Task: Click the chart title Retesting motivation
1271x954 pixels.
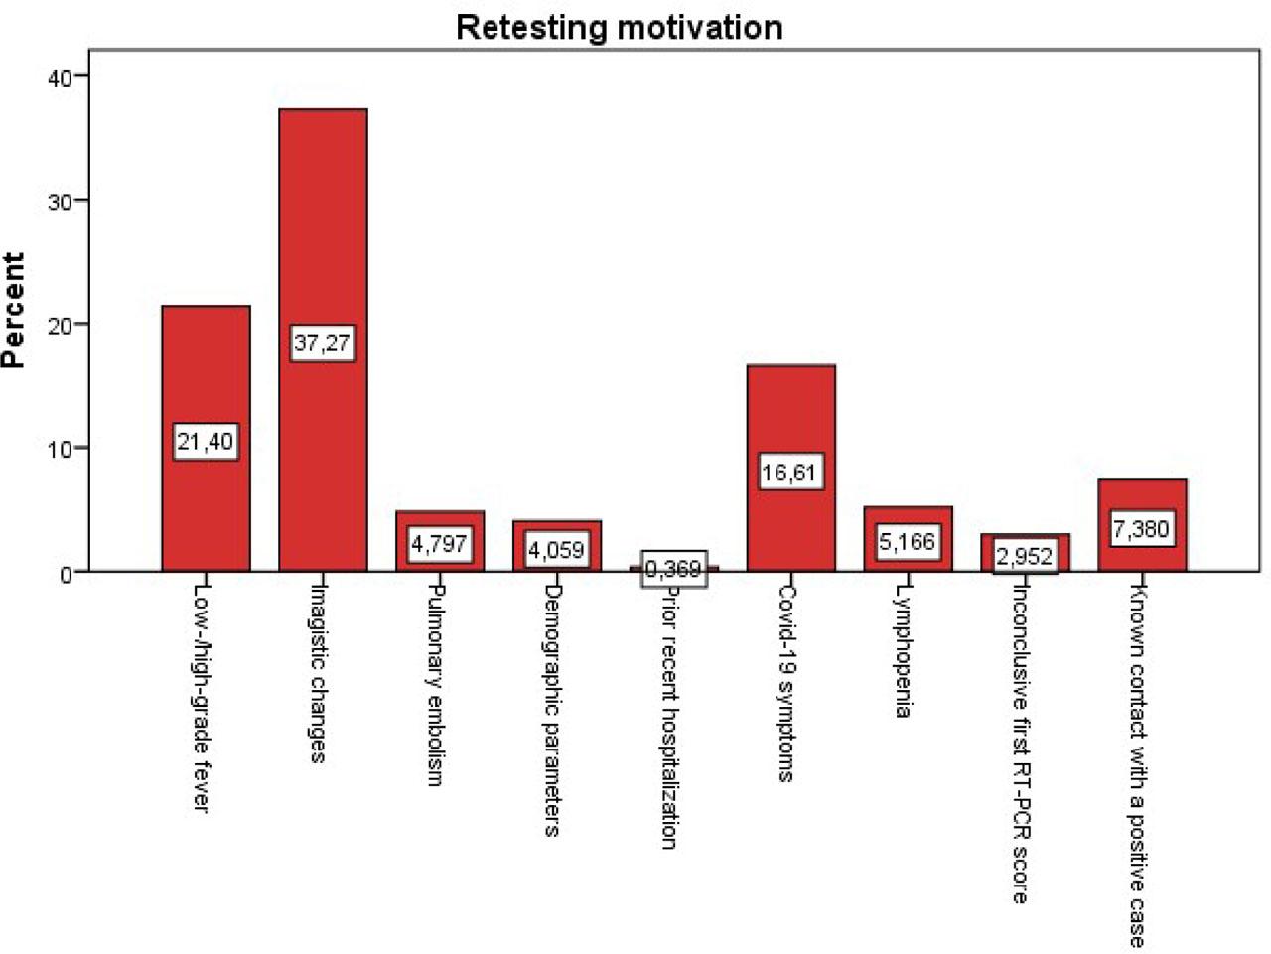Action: [620, 27]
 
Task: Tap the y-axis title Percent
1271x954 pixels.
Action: [14, 311]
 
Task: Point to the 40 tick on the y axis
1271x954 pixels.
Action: [61, 77]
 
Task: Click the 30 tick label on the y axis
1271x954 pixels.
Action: [61, 202]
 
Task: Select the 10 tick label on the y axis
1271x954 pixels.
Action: [61, 449]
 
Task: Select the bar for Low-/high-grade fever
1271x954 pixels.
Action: [206, 367]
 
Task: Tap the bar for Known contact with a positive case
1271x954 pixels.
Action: [1142, 496]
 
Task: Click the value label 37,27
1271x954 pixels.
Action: [323, 343]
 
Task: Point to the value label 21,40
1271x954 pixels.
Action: [206, 441]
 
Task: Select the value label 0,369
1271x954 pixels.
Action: [673, 569]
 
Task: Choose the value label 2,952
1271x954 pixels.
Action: [1024, 556]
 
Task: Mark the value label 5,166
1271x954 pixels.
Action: [908, 542]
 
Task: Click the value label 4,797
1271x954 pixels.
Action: [439, 544]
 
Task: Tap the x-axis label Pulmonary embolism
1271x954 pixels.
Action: [435, 684]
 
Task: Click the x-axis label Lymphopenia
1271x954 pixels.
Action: [903, 649]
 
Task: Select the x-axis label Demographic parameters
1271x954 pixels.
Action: [553, 709]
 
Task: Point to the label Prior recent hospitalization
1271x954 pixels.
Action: [669, 715]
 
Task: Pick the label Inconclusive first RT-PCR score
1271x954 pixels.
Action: [1020, 742]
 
